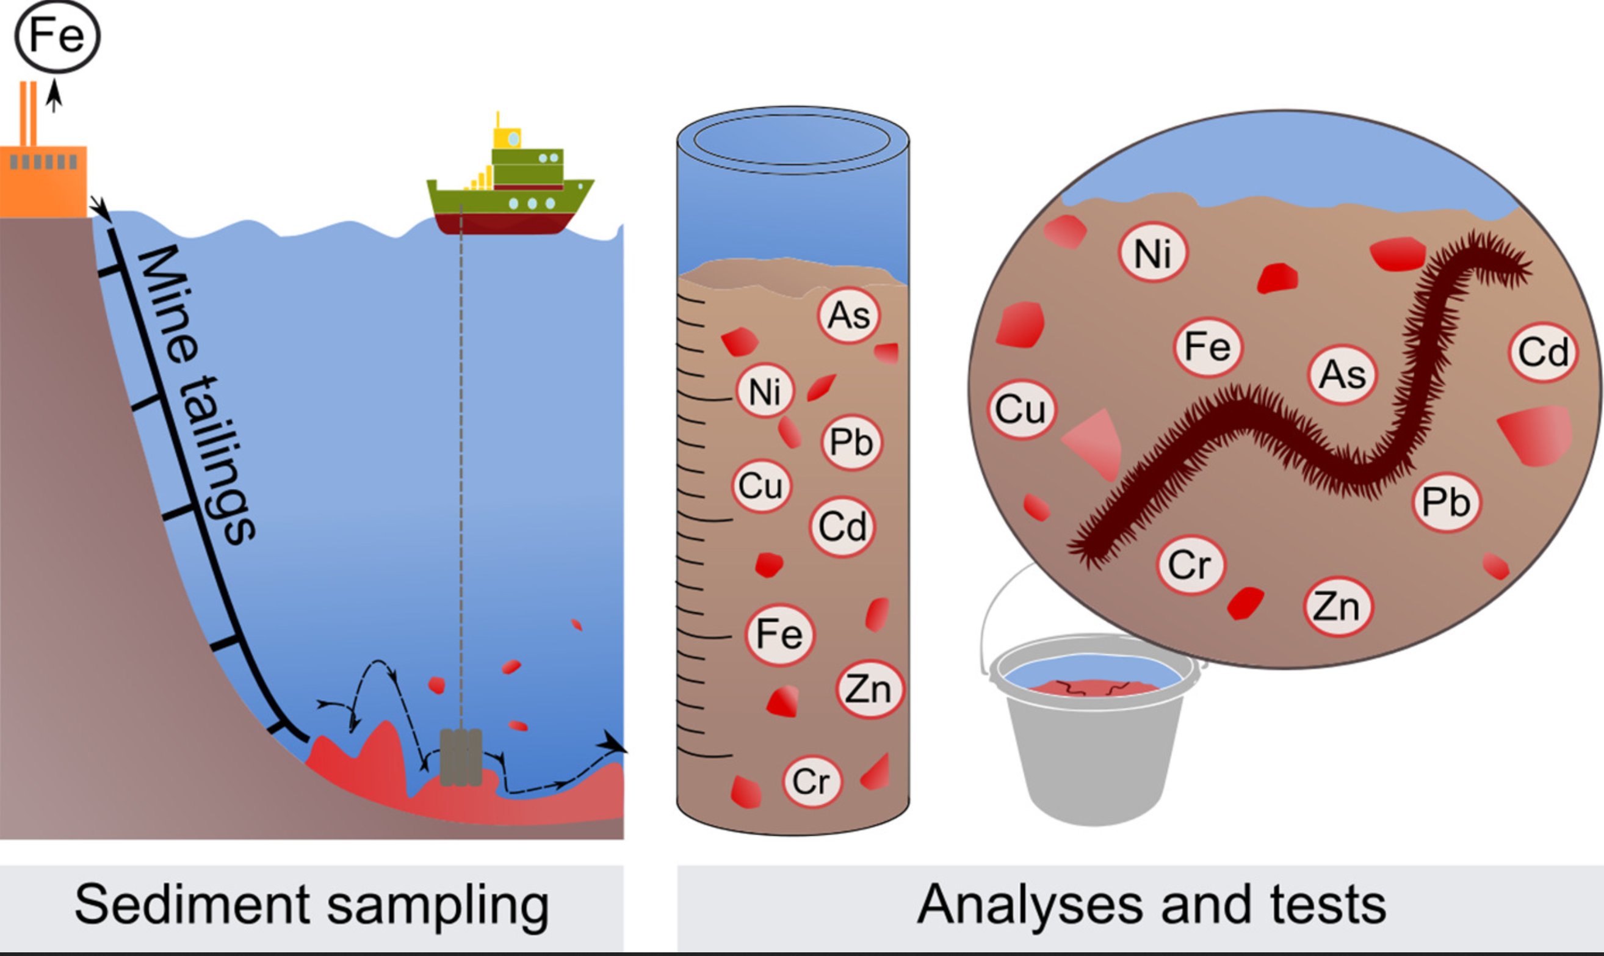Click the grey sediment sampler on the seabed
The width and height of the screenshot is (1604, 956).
tap(461, 758)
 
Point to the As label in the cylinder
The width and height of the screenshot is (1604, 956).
tap(848, 316)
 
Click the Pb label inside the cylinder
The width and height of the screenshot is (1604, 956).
tap(851, 443)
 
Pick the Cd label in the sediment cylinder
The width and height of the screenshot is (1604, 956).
tap(842, 527)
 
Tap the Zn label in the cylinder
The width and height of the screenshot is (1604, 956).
tap(869, 689)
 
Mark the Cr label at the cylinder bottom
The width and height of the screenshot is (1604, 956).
tap(811, 781)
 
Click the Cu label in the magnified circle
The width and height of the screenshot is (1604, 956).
tap(1021, 409)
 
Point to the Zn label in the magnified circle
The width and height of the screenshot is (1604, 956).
tap(1337, 606)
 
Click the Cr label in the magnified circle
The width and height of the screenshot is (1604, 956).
tap(1190, 565)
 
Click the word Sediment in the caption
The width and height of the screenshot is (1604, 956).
tap(192, 905)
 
